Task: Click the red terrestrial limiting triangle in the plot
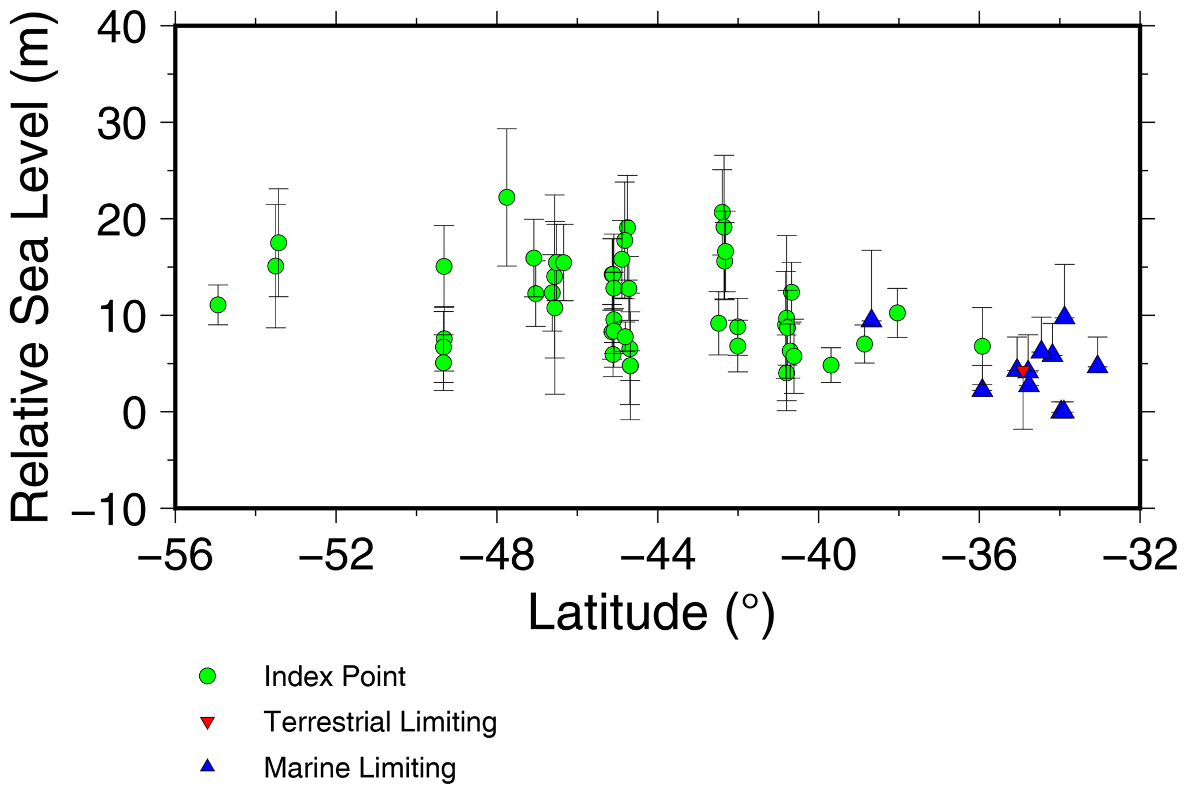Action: click(1023, 371)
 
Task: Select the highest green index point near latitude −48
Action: click(506, 197)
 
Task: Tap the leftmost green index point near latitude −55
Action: click(218, 305)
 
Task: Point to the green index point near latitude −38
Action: click(897, 313)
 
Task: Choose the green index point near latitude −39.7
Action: click(830, 365)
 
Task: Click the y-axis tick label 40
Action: click(121, 28)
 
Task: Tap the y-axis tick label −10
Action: click(109, 509)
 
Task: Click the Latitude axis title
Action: click(651, 614)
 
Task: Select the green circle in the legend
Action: click(207, 676)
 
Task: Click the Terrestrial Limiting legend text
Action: click(380, 722)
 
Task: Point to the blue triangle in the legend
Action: click(207, 766)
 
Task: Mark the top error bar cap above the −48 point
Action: click(506, 129)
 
